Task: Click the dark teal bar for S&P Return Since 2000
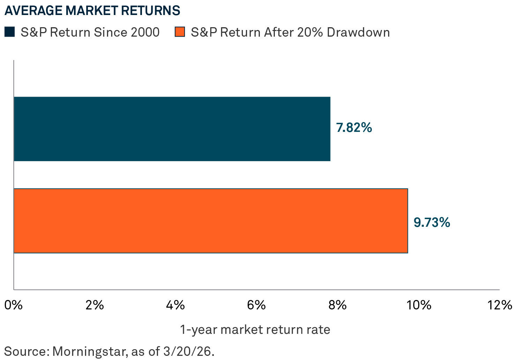[172, 129]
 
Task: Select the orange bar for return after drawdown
[210, 220]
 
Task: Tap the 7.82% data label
[354, 128]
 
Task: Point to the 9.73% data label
[432, 222]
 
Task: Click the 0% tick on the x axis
[13, 305]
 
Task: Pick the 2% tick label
[95, 305]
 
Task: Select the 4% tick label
[175, 305]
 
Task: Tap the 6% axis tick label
[256, 305]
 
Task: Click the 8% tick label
[337, 305]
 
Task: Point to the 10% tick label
[419, 305]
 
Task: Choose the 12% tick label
[499, 305]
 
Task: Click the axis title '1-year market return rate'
[255, 329]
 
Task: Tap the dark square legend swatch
[9, 32]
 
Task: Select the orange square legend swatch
[179, 32]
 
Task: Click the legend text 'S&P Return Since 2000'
[90, 32]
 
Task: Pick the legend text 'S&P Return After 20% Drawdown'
[290, 32]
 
